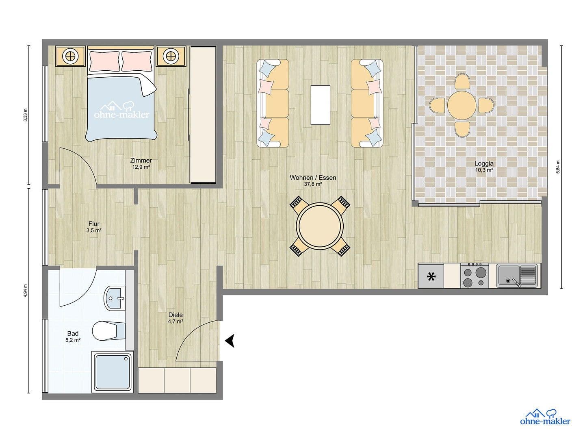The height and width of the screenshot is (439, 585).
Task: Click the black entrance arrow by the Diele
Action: (x=230, y=341)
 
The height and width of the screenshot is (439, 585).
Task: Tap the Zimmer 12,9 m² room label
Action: (x=141, y=163)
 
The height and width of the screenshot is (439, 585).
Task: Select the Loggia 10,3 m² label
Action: (x=484, y=167)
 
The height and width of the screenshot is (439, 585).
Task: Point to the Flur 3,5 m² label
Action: (x=94, y=227)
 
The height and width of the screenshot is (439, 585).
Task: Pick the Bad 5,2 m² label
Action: (x=73, y=337)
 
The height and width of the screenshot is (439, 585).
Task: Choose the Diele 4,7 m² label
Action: (x=175, y=318)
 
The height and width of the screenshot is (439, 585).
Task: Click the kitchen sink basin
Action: (x=508, y=275)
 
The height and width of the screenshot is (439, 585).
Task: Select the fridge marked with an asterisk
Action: (x=431, y=276)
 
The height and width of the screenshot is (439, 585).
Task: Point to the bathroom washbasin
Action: (x=114, y=298)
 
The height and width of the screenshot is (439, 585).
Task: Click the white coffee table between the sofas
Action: (x=320, y=104)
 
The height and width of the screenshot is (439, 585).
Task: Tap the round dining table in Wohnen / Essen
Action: (x=320, y=227)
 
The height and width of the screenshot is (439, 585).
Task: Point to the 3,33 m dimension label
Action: (x=25, y=115)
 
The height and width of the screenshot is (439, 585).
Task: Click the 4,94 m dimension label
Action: (x=25, y=291)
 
